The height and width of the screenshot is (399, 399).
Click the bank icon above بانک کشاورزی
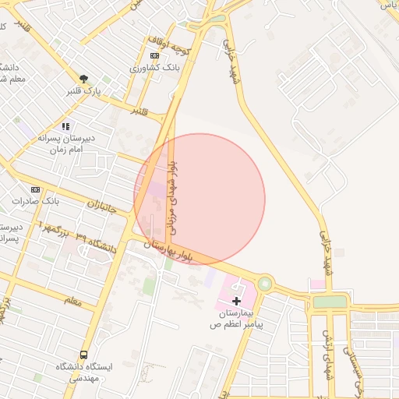pos(154,56)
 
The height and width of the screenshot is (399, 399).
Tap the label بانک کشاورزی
pos(155,69)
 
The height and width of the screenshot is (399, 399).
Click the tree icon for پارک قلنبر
pos(83,78)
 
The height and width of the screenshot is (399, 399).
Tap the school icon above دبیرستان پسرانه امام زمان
pos(66,125)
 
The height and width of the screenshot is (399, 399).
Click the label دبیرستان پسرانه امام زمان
pos(66,143)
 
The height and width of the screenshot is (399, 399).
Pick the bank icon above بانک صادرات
pos(35,189)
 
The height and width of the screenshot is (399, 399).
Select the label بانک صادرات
pos(36,201)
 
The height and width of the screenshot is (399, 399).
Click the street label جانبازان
pos(101,207)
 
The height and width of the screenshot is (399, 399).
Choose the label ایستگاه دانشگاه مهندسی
pos(83,372)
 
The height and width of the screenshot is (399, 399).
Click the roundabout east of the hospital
pos(266,283)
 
